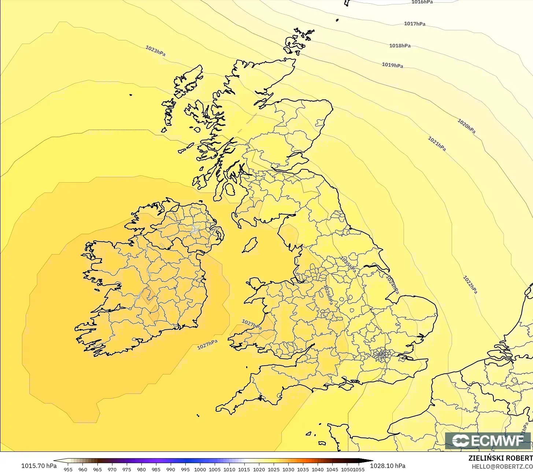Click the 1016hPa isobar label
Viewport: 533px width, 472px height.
(x=422, y=2)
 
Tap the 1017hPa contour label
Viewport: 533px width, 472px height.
(x=415, y=24)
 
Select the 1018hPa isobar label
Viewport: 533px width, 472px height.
(x=400, y=46)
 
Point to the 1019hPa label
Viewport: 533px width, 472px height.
(x=392, y=65)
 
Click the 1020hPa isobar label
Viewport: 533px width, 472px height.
(x=466, y=126)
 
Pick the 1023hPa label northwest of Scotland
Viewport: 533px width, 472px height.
(x=155, y=51)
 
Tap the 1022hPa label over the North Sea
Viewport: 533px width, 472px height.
(x=470, y=285)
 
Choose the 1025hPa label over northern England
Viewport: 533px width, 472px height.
(x=348, y=264)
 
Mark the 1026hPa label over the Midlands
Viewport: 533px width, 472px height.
(x=328, y=295)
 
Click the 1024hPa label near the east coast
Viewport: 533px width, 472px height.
(x=392, y=285)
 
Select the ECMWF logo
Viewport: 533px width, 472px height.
(x=488, y=440)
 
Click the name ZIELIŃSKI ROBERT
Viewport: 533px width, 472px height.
(x=500, y=458)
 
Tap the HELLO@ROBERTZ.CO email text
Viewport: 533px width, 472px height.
(x=502, y=466)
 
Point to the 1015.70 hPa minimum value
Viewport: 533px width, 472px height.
(x=39, y=466)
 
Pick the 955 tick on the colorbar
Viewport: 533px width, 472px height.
(x=68, y=469)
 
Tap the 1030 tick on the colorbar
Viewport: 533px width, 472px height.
(x=288, y=469)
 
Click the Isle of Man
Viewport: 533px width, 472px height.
(x=250, y=245)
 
